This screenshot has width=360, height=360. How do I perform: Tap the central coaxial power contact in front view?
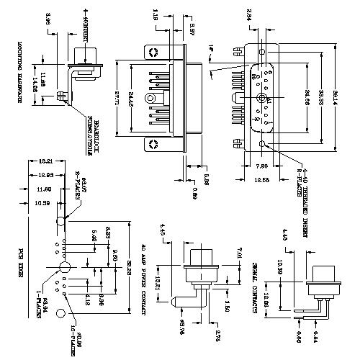pyautogui.click(x=261, y=98)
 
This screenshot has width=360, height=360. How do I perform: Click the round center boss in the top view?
pyautogui.click(x=150, y=97)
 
